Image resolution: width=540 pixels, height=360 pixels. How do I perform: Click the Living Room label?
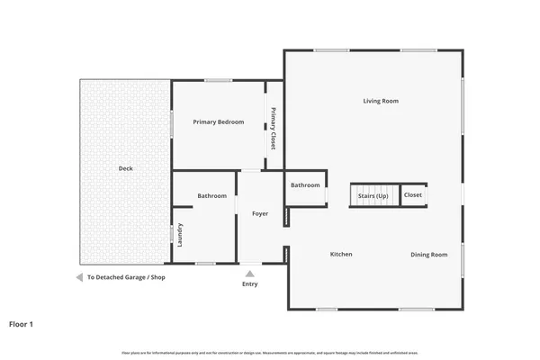click(x=381, y=101)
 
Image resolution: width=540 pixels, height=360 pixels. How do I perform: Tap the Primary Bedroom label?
click(x=219, y=121)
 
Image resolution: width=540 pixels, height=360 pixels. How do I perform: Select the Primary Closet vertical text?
click(x=273, y=129)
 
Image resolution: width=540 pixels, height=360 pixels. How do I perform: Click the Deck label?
click(x=126, y=168)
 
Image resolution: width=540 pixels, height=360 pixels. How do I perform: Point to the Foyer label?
click(x=260, y=213)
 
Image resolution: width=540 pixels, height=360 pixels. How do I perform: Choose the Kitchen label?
click(x=341, y=255)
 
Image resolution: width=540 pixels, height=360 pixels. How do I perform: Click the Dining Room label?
click(x=428, y=255)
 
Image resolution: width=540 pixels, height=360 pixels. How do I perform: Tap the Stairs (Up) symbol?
click(x=373, y=195)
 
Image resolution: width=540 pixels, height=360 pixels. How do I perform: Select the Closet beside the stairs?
click(x=413, y=195)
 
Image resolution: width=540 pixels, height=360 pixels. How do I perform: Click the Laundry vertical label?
click(x=181, y=235)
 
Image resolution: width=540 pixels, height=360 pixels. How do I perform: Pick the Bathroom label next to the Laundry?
click(x=212, y=196)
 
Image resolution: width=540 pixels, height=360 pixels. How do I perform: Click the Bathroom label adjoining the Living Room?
click(x=305, y=185)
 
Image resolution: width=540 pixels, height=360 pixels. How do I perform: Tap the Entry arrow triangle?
click(x=249, y=274)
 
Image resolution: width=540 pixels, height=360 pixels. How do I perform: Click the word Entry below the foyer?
click(x=249, y=284)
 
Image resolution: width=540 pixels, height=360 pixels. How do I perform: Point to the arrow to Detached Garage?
click(x=79, y=277)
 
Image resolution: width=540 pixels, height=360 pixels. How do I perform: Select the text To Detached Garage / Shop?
click(x=126, y=277)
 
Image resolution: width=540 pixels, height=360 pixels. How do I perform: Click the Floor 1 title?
click(x=22, y=323)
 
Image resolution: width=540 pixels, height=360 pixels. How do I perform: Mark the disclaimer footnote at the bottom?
click(x=270, y=353)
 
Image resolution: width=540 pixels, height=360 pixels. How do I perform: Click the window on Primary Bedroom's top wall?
click(x=218, y=80)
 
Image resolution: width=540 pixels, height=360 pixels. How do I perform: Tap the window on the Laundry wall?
click(x=172, y=234)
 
